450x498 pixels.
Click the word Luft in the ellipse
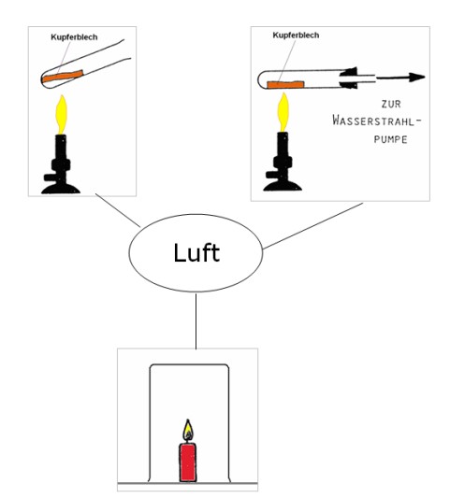pos(196,253)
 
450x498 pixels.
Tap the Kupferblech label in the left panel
pos(74,37)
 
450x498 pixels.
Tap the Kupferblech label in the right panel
pos(296,35)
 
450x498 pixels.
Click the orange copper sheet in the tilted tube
pos(63,77)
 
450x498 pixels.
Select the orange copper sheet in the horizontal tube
pos(285,84)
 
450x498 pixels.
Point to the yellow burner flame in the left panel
pos(62,114)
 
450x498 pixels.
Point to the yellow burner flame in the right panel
pos(283,112)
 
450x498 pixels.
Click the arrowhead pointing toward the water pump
pos(417,78)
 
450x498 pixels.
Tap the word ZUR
pos(391,104)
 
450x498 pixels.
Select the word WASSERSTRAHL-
pos(377,121)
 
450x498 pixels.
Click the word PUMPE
pos(390,139)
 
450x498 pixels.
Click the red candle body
pos(188,462)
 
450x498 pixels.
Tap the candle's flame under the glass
pos(188,430)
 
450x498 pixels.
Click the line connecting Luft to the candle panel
pos(196,320)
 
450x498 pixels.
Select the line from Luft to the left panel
pos(118,210)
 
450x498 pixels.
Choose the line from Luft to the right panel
pos(312,226)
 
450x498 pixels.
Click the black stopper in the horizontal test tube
pos(349,78)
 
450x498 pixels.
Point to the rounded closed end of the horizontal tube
pos(258,78)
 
